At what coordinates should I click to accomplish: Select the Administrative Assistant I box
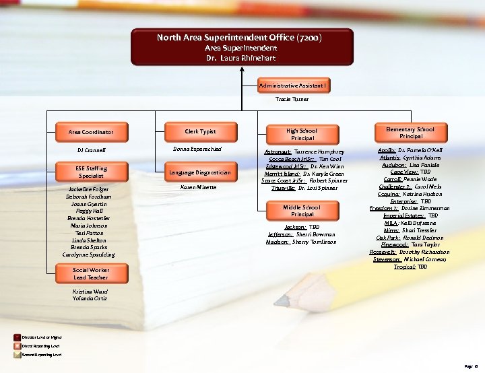(x=292, y=86)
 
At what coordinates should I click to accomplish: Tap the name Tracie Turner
(x=292, y=99)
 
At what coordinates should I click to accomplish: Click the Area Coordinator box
(x=91, y=132)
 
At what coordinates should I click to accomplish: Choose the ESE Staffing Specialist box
(x=91, y=172)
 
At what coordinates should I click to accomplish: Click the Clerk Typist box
(x=200, y=131)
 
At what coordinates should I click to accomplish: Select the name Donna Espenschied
(x=197, y=148)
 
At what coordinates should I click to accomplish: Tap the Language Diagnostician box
(x=200, y=172)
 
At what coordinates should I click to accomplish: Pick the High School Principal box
(x=301, y=134)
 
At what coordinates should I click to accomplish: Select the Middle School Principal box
(x=301, y=211)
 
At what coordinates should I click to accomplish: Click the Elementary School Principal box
(x=410, y=132)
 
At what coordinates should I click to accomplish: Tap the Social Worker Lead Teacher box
(x=91, y=273)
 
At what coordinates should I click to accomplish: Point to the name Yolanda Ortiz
(x=90, y=298)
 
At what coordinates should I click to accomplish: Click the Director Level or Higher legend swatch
(x=18, y=337)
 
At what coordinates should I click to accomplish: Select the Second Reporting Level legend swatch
(x=18, y=353)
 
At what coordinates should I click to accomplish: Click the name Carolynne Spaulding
(x=89, y=255)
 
